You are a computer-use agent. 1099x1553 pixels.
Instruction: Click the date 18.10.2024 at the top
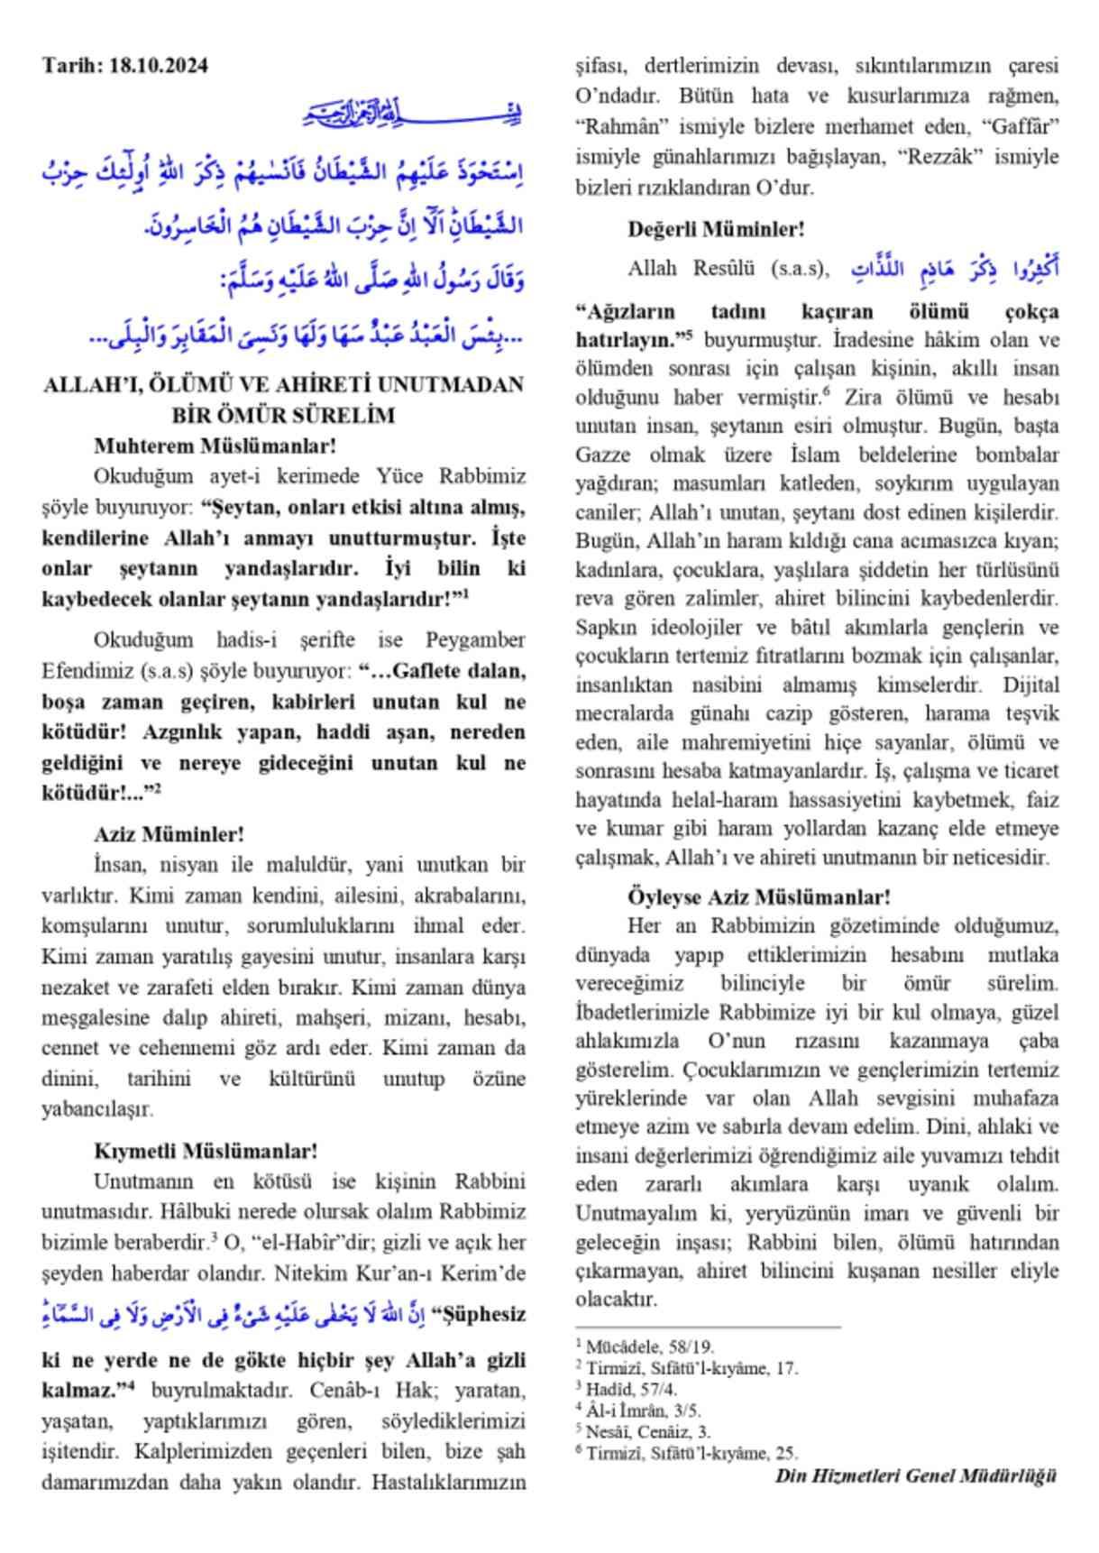pos(158,65)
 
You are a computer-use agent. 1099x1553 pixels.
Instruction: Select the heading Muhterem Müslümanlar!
pos(215,445)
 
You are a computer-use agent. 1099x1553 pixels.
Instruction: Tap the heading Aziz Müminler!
pos(169,834)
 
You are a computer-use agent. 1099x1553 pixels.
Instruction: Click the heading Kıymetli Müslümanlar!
pos(206,1151)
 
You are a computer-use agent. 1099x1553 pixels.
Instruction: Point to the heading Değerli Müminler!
pos(716,229)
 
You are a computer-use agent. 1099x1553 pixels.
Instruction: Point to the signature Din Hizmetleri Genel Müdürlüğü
pos(914,1476)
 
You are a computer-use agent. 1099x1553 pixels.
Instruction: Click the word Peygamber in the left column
pos(475,640)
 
